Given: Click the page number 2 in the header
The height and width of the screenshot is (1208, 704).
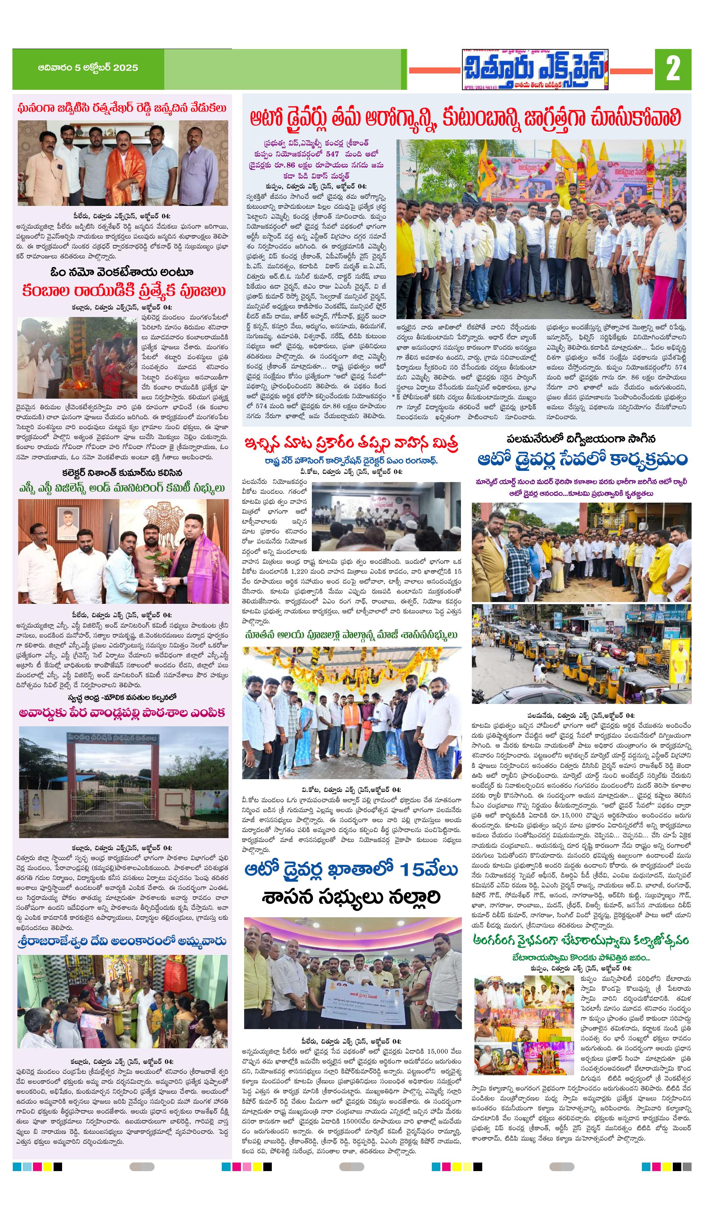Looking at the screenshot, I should pyautogui.click(x=673, y=69).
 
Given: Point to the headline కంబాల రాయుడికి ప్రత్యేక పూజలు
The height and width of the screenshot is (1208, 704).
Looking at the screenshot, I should pyautogui.click(x=123, y=290).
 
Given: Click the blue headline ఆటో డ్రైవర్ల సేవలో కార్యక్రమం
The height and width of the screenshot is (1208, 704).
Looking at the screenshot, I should pyautogui.click(x=582, y=459).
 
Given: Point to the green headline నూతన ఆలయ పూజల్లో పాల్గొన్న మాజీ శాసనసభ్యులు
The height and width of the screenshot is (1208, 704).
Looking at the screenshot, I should pyautogui.click(x=351, y=635).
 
